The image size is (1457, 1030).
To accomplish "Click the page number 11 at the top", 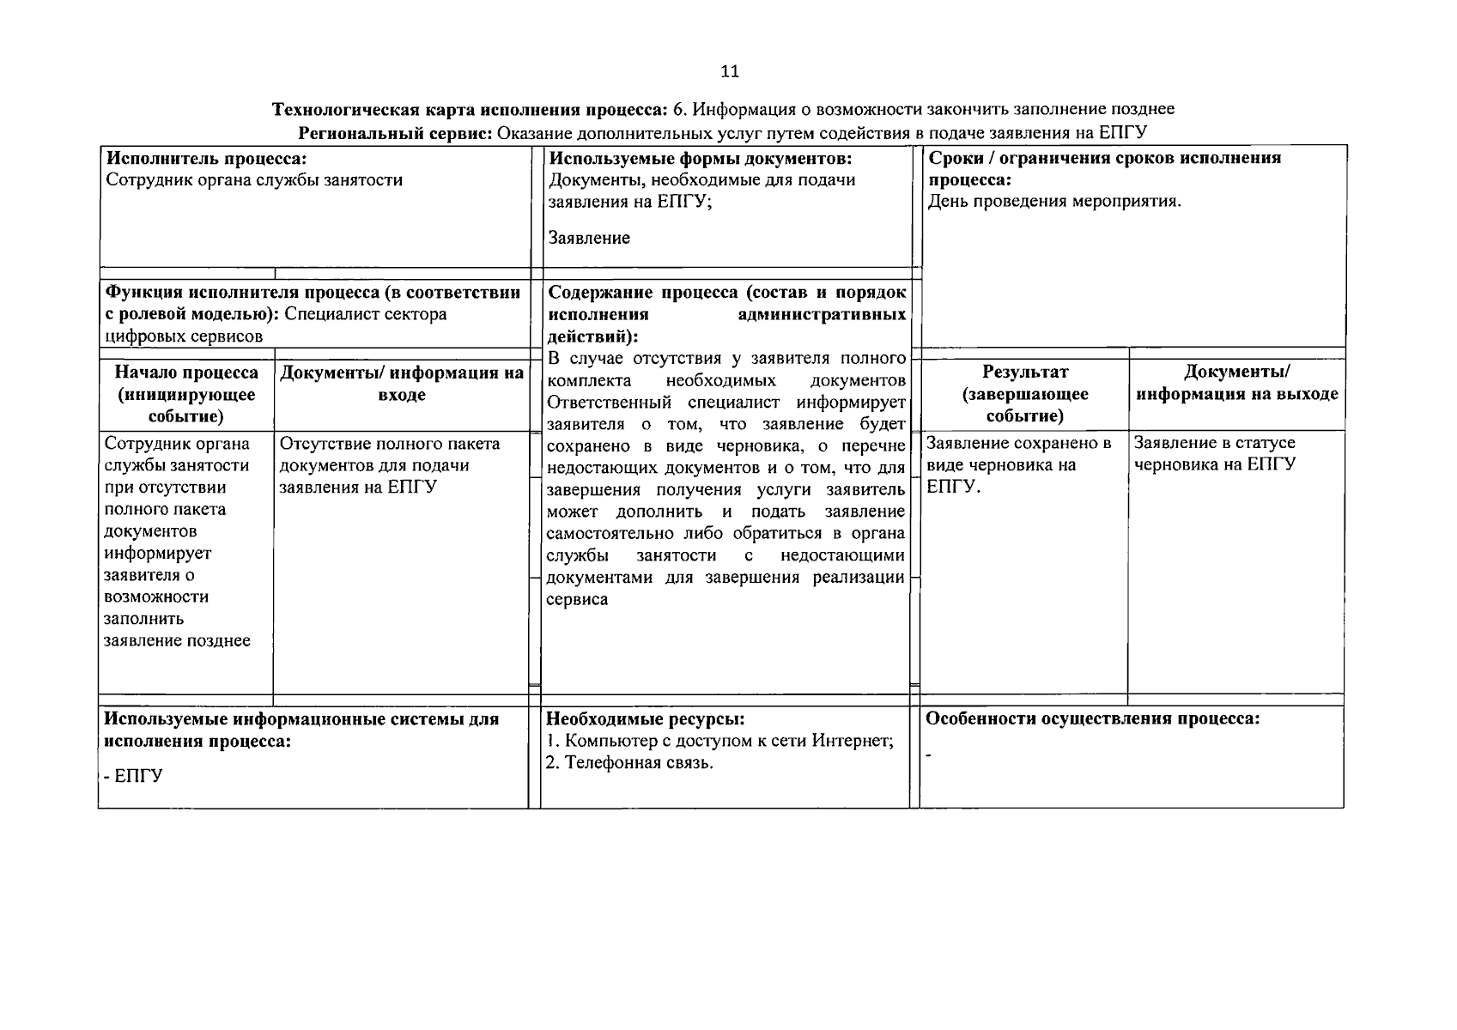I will (x=729, y=71).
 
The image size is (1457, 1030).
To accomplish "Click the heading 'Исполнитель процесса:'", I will (x=205, y=158).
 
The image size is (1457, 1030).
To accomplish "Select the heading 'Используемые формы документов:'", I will (x=700, y=158).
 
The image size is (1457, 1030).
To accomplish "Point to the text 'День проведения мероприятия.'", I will (x=1054, y=202).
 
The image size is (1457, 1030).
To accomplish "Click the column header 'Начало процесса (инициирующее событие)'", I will (x=186, y=394).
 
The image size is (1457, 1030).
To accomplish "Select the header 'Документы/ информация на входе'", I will (x=402, y=384).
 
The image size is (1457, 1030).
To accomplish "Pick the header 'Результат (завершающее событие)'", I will (x=1024, y=394).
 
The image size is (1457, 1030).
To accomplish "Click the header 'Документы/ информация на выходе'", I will (x=1236, y=383).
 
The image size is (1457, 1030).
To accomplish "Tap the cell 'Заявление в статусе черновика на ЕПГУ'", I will (x=1214, y=454).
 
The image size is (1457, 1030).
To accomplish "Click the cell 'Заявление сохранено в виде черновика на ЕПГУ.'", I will (x=1018, y=464).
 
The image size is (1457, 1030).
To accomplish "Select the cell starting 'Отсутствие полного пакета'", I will (x=390, y=465).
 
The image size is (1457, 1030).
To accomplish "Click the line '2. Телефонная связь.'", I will (x=629, y=763).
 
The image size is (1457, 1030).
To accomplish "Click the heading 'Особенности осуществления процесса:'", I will (x=1092, y=719).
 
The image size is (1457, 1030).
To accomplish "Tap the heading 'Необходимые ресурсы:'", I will (x=645, y=719).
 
